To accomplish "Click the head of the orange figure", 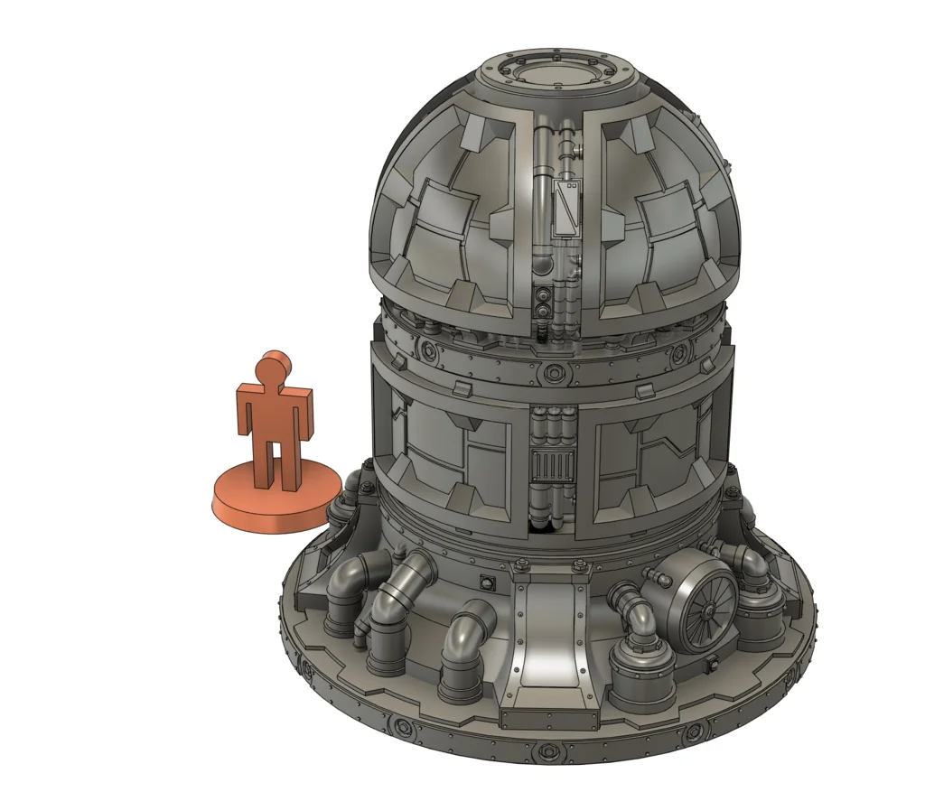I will click(271, 366).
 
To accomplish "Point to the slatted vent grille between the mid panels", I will click(553, 466).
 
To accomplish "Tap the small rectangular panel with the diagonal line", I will click(568, 208).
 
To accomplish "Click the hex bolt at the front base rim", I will click(545, 751).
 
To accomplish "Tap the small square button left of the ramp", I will click(489, 582).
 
